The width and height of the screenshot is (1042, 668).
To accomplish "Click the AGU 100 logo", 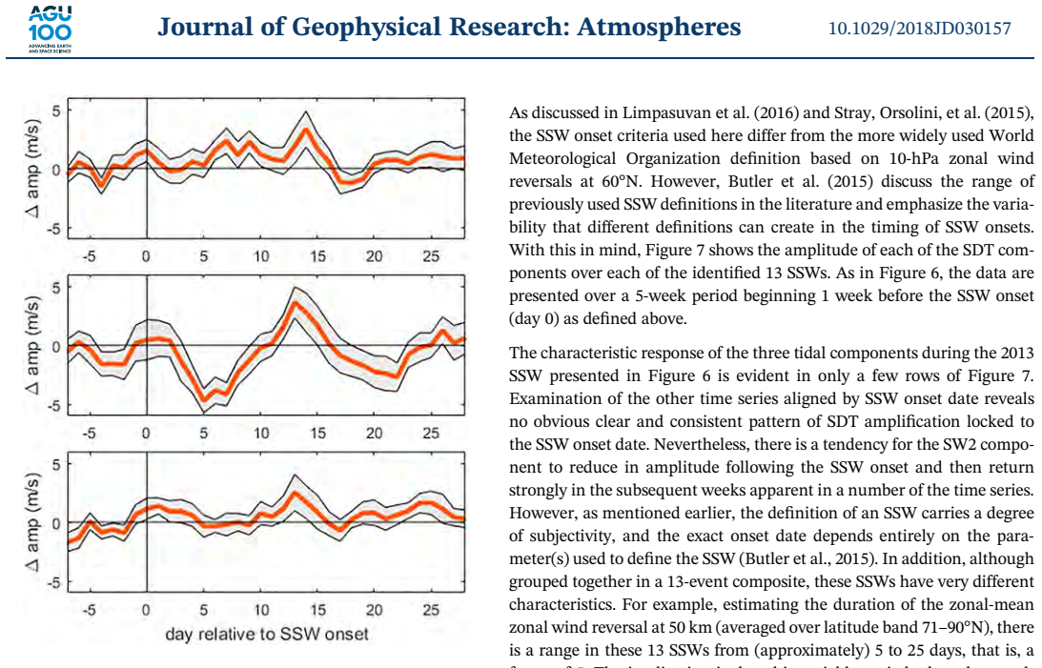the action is coord(50,30).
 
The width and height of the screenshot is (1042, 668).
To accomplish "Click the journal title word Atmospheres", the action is coord(659,28).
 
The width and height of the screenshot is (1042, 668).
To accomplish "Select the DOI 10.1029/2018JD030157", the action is coord(919,29).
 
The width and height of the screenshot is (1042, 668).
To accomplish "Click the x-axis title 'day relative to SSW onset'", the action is coord(267,634).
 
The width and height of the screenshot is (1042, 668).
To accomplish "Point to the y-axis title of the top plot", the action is coord(31,169).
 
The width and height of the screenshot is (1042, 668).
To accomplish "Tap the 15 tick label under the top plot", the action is coord(317,255).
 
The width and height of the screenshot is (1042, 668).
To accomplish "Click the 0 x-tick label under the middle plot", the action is coord(146,433).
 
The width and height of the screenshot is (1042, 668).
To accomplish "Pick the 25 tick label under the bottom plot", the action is coord(431,610).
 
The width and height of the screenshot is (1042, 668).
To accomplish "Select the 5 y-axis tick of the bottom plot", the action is coord(56,464).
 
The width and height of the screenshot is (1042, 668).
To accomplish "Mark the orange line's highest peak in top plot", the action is coord(306,129).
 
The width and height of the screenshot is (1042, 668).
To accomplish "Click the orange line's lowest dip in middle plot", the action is coord(204,400).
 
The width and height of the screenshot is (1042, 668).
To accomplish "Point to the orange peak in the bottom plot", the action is coord(295,494).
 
